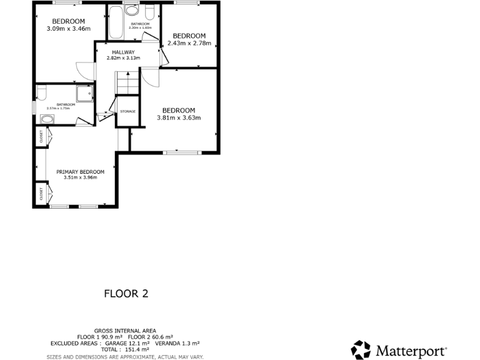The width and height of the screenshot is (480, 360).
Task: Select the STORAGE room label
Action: point(127,111)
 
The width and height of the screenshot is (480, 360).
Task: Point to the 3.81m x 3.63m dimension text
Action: point(178,117)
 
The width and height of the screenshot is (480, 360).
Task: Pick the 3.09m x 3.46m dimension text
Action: point(69,28)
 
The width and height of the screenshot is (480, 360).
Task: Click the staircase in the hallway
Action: point(126,82)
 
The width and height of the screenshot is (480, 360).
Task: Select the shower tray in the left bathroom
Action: point(84,93)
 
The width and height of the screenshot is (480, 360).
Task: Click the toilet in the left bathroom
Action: point(42,94)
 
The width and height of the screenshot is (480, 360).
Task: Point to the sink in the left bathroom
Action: point(47,119)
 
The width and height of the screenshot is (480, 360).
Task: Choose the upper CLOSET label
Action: point(41,136)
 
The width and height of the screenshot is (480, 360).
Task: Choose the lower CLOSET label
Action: point(41,194)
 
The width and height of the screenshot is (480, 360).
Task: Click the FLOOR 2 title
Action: point(126,292)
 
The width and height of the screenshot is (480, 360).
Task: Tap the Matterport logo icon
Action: point(361,350)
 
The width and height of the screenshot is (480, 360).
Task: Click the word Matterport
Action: point(409,350)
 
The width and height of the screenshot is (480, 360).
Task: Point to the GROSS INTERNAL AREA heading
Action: point(125,331)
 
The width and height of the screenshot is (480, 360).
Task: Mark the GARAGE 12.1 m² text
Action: point(127,344)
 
